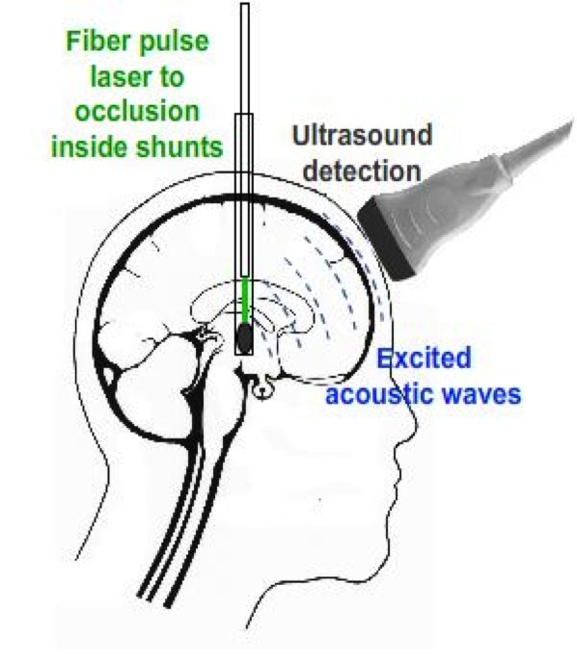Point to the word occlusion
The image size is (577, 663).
[x=137, y=111]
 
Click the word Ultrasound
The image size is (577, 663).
[x=363, y=135]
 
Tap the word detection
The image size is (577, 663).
[x=363, y=171]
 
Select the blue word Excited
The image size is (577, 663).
[x=424, y=358]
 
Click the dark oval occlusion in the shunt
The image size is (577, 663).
[x=243, y=337]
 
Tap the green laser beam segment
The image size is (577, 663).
[x=245, y=300]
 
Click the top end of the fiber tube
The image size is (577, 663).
[x=245, y=4]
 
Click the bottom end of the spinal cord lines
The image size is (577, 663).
[x=155, y=600]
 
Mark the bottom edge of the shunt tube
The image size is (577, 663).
[x=244, y=354]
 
